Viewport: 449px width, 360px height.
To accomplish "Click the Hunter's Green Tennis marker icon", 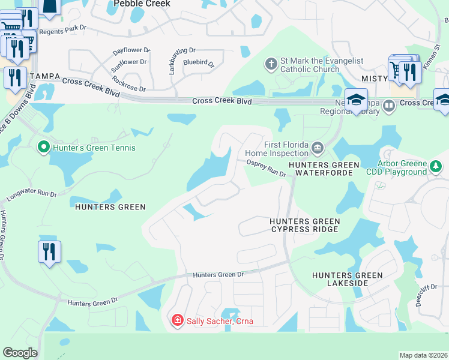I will (43, 147).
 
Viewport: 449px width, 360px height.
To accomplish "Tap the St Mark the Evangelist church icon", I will (271, 64).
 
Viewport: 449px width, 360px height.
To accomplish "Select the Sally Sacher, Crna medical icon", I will (177, 321).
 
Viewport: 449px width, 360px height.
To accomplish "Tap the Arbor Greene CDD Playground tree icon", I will (435, 166).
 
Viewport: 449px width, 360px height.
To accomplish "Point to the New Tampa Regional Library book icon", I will (389, 107).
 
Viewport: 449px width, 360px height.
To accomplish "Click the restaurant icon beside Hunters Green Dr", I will (49, 251).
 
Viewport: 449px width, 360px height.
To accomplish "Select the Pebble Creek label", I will (142, 4).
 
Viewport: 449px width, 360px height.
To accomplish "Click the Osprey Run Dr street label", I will (266, 167).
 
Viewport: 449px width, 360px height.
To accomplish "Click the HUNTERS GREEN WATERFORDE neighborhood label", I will (324, 169).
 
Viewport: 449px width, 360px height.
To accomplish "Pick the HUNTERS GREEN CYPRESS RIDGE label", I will (305, 226).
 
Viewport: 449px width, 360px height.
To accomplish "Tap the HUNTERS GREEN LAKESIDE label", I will (347, 280).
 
